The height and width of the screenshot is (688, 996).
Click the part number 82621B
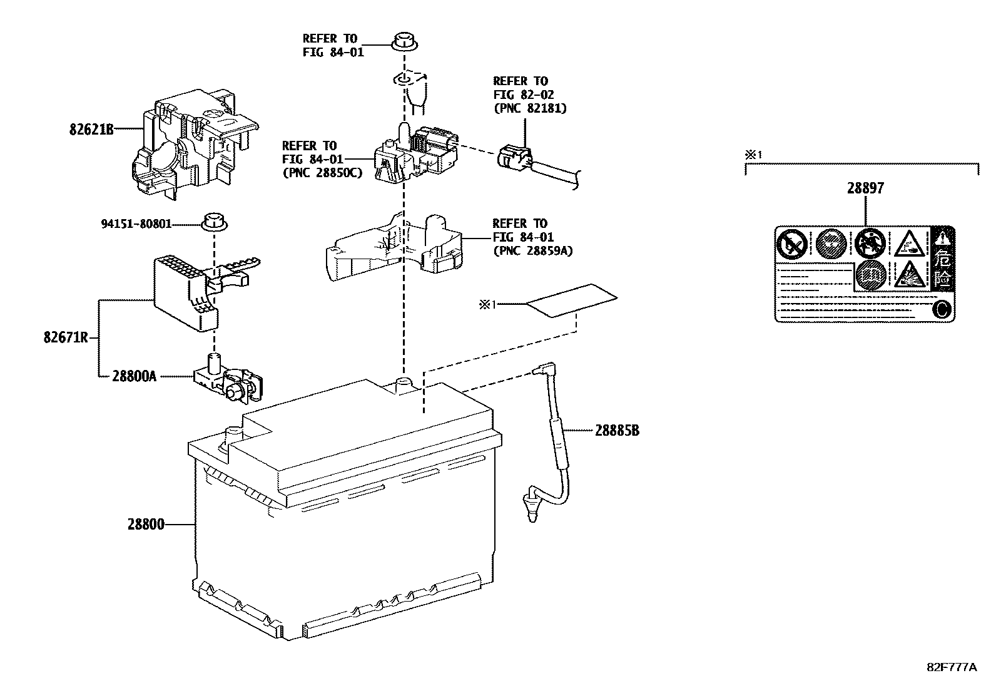click(x=91, y=130)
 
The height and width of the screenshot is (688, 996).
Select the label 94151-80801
click(x=136, y=223)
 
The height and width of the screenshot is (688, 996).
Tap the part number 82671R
click(x=65, y=339)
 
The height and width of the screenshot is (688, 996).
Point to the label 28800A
click(x=134, y=376)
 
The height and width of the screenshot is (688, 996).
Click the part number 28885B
click(x=617, y=431)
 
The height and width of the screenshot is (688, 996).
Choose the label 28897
click(x=866, y=188)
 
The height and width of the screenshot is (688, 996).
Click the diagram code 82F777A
click(x=951, y=667)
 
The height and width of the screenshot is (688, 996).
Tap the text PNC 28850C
click(x=322, y=173)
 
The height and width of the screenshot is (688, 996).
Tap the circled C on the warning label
click(x=942, y=309)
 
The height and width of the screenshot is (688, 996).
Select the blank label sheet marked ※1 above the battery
click(x=571, y=301)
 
